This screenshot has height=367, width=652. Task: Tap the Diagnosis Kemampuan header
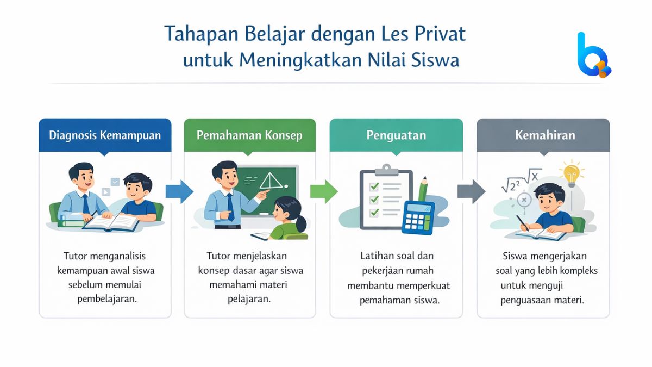[x=105, y=135]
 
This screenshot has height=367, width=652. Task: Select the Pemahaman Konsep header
[x=249, y=135]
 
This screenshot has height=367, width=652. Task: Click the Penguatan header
[x=396, y=135]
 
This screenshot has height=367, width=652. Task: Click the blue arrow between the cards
[x=179, y=191]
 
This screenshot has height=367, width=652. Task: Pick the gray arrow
[x=471, y=191]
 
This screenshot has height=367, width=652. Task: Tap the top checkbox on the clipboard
[x=374, y=186]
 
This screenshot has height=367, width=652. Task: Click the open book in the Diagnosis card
[x=111, y=222]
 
